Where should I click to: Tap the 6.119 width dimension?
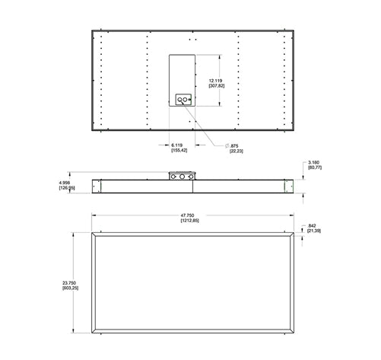point(176,144)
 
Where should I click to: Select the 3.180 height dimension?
point(313,162)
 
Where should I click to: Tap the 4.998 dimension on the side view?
point(67,183)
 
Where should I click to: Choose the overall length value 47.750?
point(189,215)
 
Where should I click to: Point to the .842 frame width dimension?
point(313,226)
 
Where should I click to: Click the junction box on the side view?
point(181,175)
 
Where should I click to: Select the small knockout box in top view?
point(183,100)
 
